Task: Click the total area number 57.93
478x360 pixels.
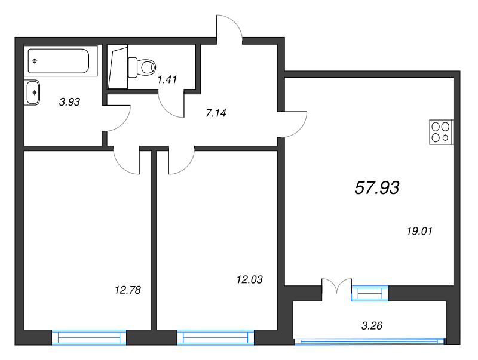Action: point(376,188)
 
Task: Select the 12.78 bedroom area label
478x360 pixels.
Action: point(127,290)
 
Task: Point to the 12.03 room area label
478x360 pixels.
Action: point(249,279)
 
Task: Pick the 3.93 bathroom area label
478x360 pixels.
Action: point(69,102)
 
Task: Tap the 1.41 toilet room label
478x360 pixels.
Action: point(167,79)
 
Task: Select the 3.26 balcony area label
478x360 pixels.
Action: point(372,325)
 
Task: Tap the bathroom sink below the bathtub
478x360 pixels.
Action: point(33,92)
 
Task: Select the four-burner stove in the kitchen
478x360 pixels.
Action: point(442,132)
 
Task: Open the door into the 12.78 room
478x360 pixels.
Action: point(127,161)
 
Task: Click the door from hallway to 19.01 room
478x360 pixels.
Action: point(294,124)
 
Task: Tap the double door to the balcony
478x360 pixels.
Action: point(337,285)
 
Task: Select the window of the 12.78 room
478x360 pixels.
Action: point(90,338)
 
